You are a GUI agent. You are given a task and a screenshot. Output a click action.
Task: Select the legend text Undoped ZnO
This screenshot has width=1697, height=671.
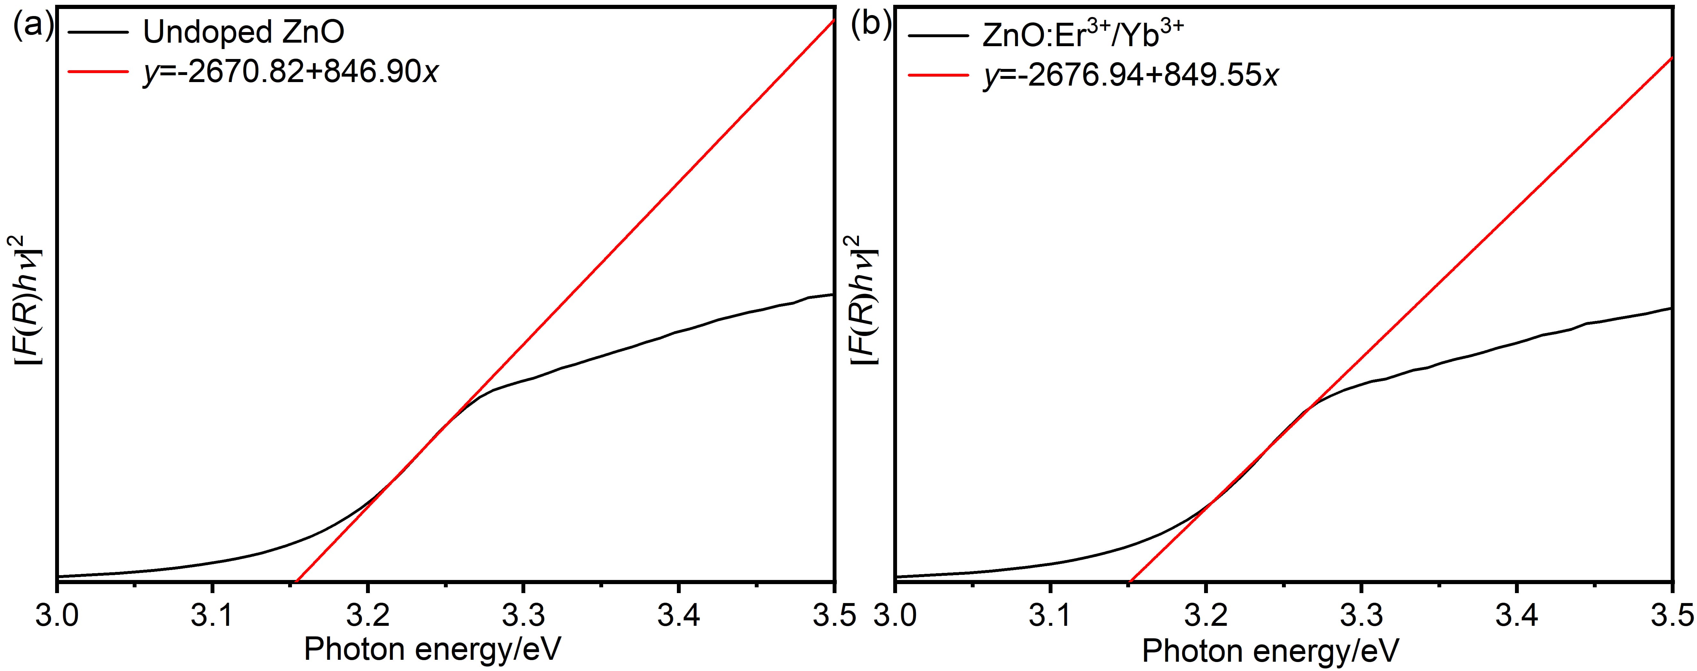(244, 32)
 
